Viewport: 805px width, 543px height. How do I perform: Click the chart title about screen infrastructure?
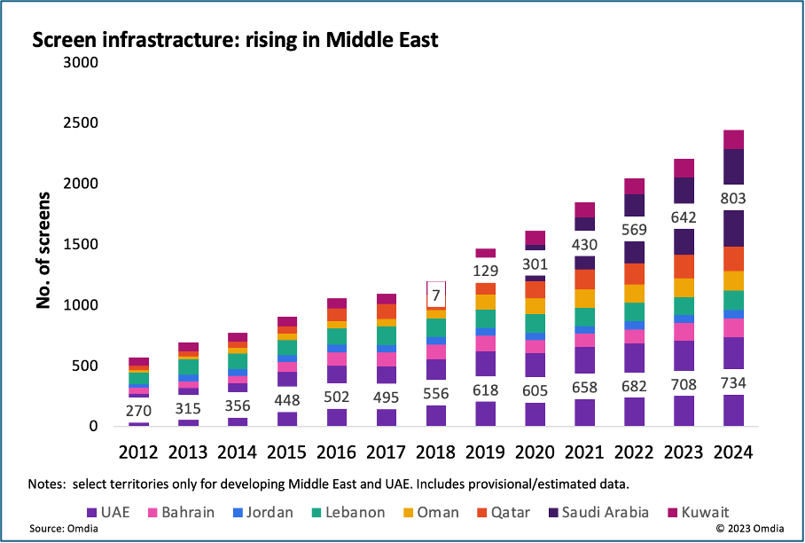[x=235, y=40]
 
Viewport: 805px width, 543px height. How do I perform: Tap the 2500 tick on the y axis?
[x=81, y=123]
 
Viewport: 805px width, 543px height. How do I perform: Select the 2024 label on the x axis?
[x=733, y=452]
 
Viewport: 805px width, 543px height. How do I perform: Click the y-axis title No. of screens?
[x=42, y=249]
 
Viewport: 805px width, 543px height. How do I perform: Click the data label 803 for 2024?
[x=733, y=198]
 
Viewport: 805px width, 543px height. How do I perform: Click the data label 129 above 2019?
[x=485, y=270]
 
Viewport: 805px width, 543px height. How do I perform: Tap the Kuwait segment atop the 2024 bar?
[x=733, y=139]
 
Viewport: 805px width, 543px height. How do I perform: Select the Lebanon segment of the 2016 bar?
[x=336, y=336]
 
